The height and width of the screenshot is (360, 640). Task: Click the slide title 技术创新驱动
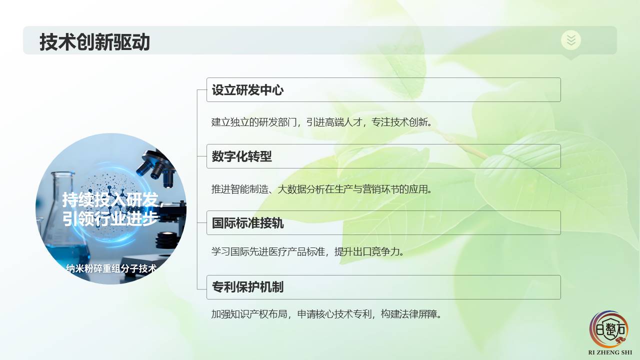click(x=94, y=41)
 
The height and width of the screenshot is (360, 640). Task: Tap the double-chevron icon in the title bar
click(x=571, y=40)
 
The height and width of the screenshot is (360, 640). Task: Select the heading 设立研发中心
click(x=247, y=90)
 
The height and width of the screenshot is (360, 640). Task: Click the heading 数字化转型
click(x=241, y=156)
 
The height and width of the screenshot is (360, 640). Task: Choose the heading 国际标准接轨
click(x=247, y=223)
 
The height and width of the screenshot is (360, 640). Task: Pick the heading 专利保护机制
click(x=247, y=287)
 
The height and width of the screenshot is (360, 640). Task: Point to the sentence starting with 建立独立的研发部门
click(x=321, y=122)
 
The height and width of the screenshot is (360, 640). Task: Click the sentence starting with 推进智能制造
click(x=321, y=189)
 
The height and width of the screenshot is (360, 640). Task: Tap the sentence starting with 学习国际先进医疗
click(x=307, y=251)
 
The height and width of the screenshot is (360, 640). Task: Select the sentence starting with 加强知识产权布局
click(x=326, y=314)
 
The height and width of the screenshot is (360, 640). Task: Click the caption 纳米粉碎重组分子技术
click(x=111, y=268)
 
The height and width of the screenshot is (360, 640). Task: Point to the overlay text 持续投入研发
click(x=110, y=199)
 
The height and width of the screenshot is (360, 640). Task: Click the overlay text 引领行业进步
click(x=110, y=218)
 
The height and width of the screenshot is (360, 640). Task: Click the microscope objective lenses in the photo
click(x=156, y=168)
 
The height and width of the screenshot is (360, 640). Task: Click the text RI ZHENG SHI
click(x=610, y=352)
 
